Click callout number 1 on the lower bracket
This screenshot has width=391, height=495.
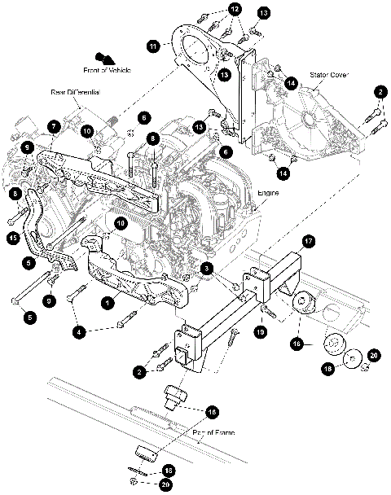point(106,300)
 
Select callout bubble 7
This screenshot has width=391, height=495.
point(53,127)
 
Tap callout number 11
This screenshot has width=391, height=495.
point(152,48)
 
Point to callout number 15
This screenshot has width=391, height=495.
point(12,238)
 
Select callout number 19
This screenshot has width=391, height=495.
point(261,332)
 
